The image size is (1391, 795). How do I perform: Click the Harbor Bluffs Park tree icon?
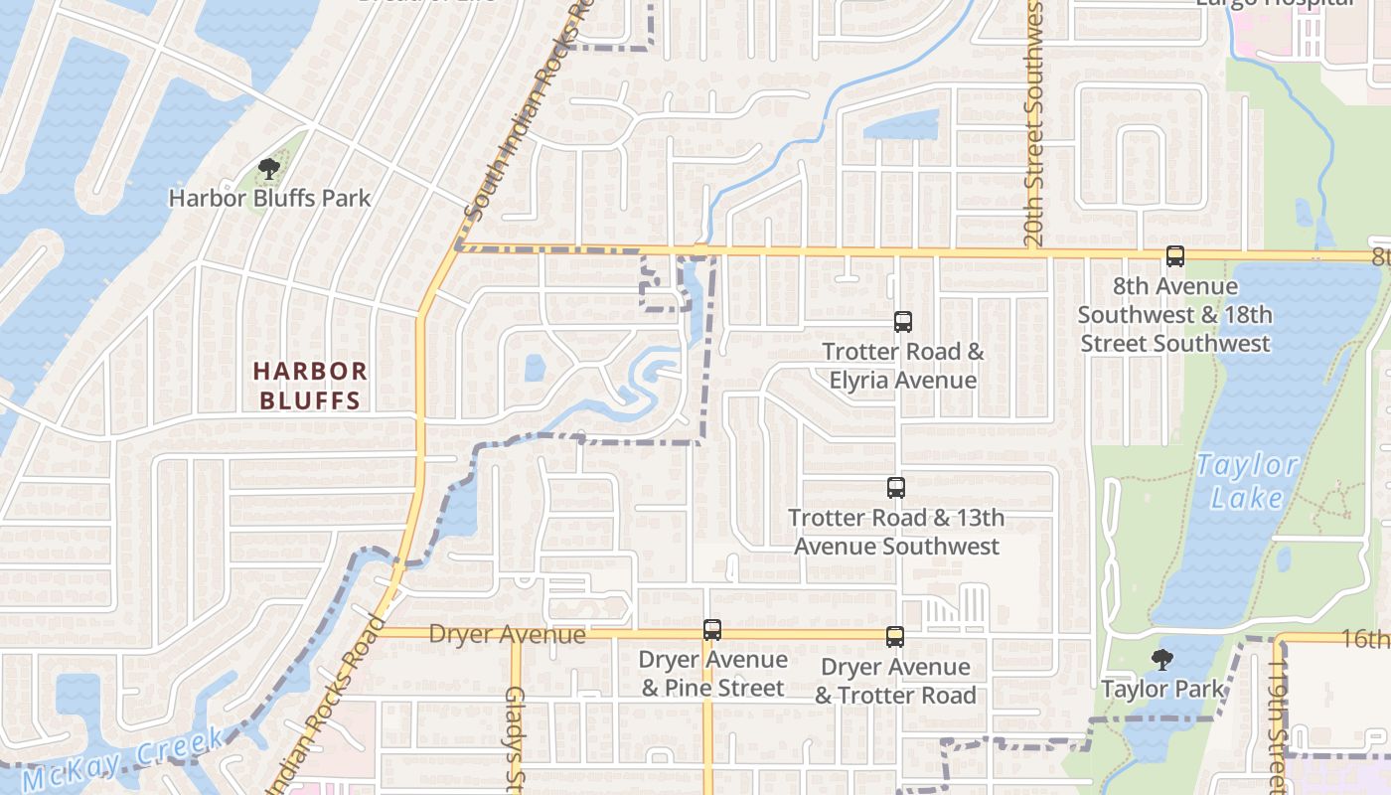pyautogui.click(x=268, y=169)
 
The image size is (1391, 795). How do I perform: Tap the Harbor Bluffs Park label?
pyautogui.click(x=269, y=198)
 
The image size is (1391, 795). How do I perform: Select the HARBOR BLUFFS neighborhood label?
pyautogui.click(x=310, y=386)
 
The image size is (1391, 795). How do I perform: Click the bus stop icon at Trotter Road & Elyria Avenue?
pyautogui.click(x=902, y=322)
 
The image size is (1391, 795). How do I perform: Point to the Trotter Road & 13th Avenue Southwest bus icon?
pyautogui.click(x=896, y=488)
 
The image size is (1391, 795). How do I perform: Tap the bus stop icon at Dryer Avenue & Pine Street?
pyautogui.click(x=711, y=630)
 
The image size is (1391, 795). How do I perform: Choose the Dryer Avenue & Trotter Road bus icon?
pyautogui.click(x=895, y=637)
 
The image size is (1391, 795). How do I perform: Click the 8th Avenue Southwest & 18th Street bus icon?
pyautogui.click(x=1175, y=256)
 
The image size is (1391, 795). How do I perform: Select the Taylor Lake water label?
pyautogui.click(x=1247, y=480)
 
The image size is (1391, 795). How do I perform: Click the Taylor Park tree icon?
pyautogui.click(x=1161, y=660)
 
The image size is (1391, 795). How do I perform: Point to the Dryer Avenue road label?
pyautogui.click(x=507, y=634)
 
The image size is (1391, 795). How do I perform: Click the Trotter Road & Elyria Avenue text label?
pyautogui.click(x=902, y=366)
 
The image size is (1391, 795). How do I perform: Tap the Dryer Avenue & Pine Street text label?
pyautogui.click(x=712, y=674)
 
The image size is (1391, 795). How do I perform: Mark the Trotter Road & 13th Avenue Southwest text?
pyautogui.click(x=896, y=532)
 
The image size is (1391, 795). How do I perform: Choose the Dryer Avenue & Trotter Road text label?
pyautogui.click(x=895, y=681)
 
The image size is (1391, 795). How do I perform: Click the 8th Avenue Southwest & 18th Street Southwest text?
pyautogui.click(x=1174, y=315)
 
